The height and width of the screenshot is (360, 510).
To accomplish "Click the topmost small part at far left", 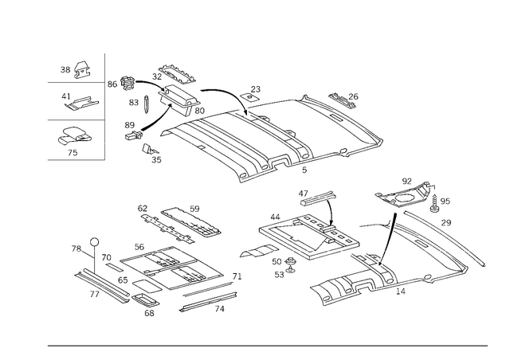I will coord(74,70).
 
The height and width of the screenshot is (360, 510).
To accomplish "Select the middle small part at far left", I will coord(78,102).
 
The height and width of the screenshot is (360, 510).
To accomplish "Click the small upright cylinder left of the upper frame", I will coord(146,103).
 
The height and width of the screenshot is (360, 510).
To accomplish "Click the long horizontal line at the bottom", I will coord(267,345).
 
